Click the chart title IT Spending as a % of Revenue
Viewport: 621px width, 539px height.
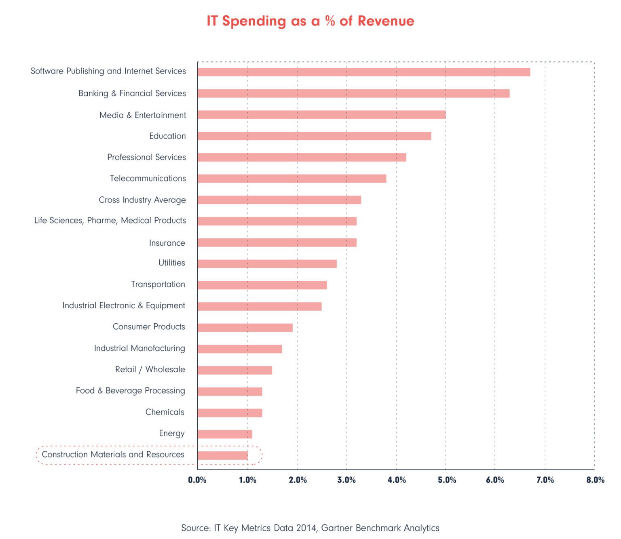coord(310,21)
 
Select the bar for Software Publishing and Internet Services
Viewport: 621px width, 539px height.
coord(363,72)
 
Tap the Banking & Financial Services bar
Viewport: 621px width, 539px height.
coord(353,94)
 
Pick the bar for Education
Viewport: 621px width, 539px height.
coord(314,136)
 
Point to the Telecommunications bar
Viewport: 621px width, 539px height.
coord(291,179)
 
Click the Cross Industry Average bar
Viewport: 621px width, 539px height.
coord(279,200)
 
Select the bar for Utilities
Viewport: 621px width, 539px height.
coord(267,264)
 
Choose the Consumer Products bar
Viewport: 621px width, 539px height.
coord(245,328)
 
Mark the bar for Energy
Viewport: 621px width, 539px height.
coord(225,434)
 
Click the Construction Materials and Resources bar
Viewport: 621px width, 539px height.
coord(222,456)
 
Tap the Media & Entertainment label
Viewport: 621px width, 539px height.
coord(143,115)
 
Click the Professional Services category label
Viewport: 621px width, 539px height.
coord(146,157)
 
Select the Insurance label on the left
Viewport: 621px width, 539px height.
coord(167,243)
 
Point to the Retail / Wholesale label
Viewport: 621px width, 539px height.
coord(150,369)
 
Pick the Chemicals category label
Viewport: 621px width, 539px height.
coord(165,412)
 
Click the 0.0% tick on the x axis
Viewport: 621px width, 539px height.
coord(197,480)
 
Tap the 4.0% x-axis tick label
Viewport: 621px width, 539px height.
coord(397,480)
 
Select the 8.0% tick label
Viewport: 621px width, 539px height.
coord(595,480)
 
